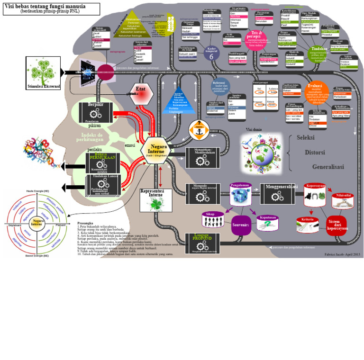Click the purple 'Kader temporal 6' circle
coord(211,53)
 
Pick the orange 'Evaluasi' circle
coord(316,92)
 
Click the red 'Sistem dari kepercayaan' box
coord(337,225)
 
